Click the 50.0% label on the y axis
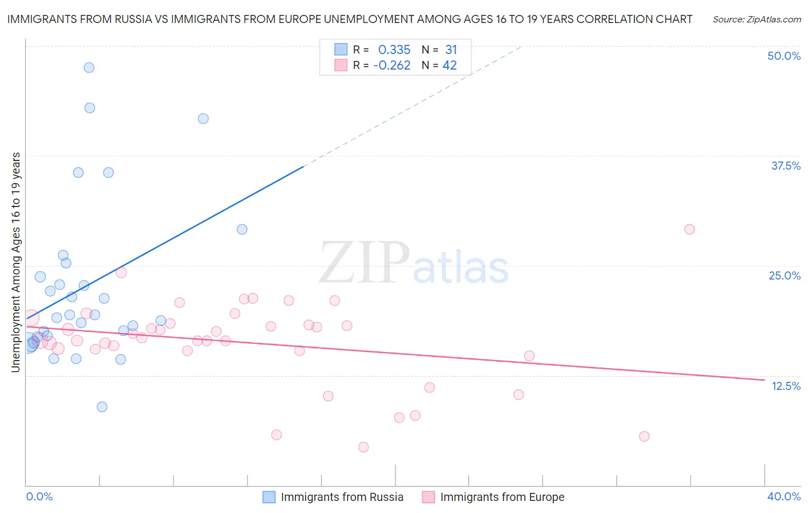[784, 56]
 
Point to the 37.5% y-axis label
[786, 166]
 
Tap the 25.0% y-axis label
[784, 275]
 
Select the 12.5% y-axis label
[786, 386]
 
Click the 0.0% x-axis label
[39, 496]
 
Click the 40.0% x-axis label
[784, 496]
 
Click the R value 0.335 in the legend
[394, 50]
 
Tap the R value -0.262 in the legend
[392, 66]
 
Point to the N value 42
[449, 66]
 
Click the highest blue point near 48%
[89, 67]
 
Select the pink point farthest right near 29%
[690, 229]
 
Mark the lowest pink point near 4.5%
[363, 447]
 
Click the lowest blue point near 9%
[102, 407]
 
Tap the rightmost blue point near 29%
[242, 229]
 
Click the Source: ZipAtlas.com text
[757, 20]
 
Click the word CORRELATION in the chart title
[613, 19]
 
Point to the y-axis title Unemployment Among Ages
[16, 262]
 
